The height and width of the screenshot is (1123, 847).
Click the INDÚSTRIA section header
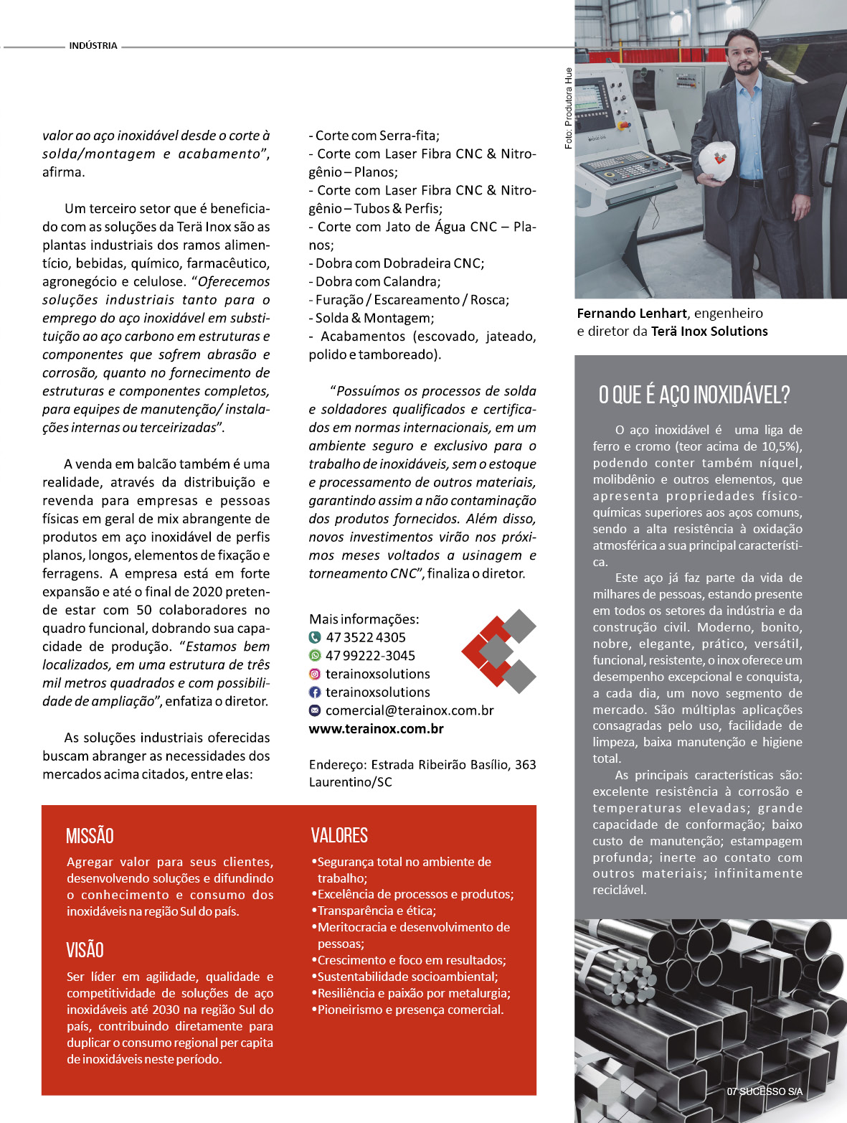93,46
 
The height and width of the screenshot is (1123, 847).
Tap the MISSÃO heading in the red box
90,836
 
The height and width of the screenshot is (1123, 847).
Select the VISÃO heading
85,950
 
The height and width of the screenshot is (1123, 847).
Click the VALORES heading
339,835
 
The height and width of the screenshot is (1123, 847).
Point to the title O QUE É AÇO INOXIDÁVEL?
694,395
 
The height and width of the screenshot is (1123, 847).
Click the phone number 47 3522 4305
366,637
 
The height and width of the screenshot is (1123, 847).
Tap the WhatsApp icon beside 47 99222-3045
315,655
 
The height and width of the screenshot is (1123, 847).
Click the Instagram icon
315,674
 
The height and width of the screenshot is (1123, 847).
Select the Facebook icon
315,692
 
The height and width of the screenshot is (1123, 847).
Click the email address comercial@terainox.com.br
410,710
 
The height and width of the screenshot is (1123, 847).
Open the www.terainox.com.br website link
376,729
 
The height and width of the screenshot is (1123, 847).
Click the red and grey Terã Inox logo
499,651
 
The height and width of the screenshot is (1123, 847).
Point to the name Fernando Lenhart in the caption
632,314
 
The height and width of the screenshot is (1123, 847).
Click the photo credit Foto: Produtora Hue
569,108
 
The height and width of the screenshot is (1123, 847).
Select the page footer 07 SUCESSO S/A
765,1091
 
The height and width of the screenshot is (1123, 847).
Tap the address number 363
525,765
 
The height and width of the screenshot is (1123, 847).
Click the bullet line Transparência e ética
377,911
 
